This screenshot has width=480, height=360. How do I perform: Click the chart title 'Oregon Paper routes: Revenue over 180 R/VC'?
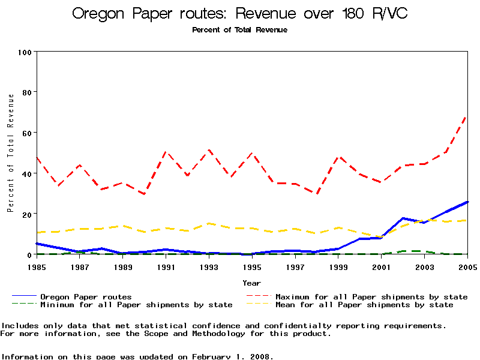pyautogui.click(x=240, y=14)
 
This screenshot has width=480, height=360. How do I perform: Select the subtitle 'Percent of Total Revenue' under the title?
pyautogui.click(x=240, y=30)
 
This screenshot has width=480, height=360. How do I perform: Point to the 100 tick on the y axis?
pyautogui.click(x=25, y=52)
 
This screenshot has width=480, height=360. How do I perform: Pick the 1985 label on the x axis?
pyautogui.click(x=37, y=267)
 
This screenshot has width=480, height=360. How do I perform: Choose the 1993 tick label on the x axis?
pyautogui.click(x=209, y=267)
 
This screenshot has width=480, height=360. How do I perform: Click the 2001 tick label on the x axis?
pyautogui.click(x=382, y=267)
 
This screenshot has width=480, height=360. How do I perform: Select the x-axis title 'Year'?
pyautogui.click(x=252, y=283)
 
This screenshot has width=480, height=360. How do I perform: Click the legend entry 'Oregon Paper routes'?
pyautogui.click(x=86, y=296)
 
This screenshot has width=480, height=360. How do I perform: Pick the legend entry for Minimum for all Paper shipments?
pyautogui.click(x=136, y=305)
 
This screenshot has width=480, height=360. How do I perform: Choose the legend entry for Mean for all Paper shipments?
pyautogui.click(x=364, y=305)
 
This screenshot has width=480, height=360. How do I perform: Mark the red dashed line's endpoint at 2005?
pyautogui.click(x=467, y=115)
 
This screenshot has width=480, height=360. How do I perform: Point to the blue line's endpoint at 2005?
pyautogui.click(x=467, y=202)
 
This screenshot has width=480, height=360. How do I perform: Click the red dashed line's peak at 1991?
pyautogui.click(x=166, y=152)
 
